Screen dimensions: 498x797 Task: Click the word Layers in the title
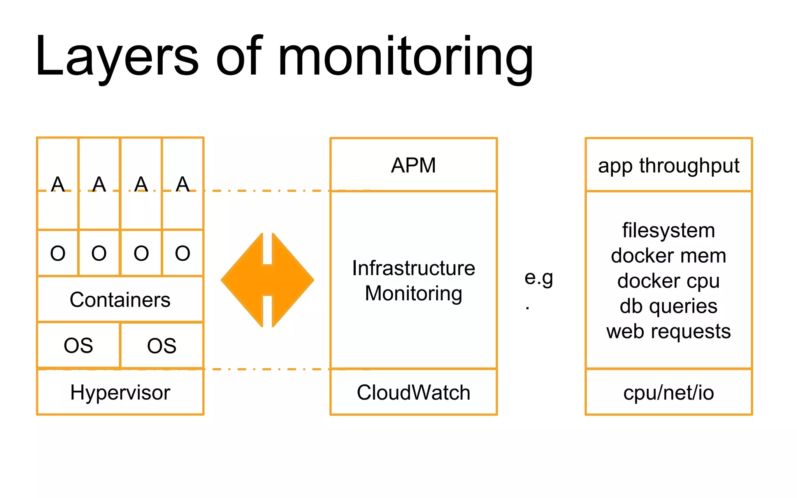point(117,56)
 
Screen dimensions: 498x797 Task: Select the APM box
point(413,165)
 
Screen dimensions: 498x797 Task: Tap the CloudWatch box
point(413,392)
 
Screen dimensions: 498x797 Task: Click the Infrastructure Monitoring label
point(413,281)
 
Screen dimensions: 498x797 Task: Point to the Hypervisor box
point(120,392)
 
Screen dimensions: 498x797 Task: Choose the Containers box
point(120,300)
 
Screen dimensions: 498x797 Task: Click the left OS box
point(78,345)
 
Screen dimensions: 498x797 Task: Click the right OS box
point(162,345)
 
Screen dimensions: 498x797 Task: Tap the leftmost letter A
point(58,184)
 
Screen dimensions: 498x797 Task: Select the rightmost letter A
point(183,184)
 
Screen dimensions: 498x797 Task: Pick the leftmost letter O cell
point(58,253)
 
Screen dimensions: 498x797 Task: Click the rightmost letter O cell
point(183,253)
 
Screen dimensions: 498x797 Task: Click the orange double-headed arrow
point(267,280)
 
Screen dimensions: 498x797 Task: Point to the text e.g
point(539,278)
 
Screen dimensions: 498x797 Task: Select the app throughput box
point(669,165)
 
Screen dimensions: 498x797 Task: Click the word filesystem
point(669,230)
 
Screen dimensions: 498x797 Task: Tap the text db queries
point(669,306)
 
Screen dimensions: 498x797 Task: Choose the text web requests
point(669,331)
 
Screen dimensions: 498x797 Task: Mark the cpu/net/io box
point(669,392)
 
